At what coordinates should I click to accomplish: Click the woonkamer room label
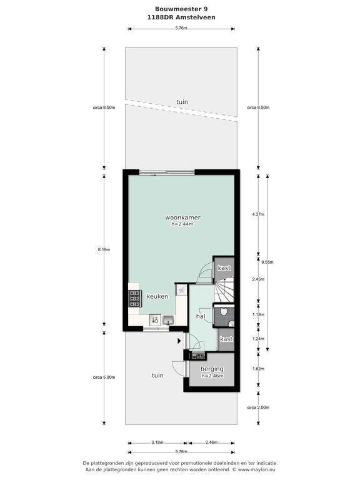[182, 217]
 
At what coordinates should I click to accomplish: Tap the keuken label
[157, 296]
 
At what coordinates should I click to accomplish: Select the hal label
[201, 316]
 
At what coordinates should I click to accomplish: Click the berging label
[212, 369]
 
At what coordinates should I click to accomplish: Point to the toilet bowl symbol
[224, 311]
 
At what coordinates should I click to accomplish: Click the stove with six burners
[134, 299]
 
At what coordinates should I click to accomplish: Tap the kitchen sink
[168, 320]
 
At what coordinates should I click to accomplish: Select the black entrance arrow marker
[179, 341]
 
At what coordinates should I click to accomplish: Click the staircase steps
[224, 289]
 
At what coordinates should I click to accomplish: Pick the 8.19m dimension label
[104, 249]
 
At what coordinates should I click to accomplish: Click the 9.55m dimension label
[267, 262]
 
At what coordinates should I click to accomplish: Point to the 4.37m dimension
[258, 214]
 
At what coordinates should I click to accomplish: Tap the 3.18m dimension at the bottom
[157, 442]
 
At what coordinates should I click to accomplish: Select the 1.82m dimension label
[258, 369]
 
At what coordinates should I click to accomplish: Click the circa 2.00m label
[258, 407]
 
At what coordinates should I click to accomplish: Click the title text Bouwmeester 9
[181, 9]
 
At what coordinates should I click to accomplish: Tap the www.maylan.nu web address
[256, 469]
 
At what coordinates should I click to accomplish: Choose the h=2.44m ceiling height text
[182, 224]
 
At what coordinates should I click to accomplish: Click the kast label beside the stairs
[224, 268]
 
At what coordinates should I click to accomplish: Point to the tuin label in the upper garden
[182, 102]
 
